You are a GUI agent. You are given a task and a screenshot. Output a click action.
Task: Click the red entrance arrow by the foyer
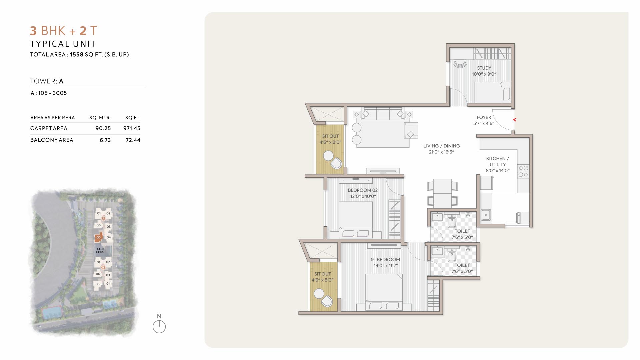coord(514,120)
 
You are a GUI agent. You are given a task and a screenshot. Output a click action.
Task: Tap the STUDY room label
coord(484,68)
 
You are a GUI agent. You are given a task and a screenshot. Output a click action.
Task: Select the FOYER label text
coord(484,117)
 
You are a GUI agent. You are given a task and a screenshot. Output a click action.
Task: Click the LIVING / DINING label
coord(441,146)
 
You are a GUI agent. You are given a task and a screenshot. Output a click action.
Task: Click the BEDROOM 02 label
coord(363,190)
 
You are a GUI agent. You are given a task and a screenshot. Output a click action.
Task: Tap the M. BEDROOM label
coord(385,260)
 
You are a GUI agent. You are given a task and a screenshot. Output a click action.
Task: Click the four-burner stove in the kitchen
coord(523,171)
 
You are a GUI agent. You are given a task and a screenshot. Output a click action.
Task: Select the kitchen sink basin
coord(486,215)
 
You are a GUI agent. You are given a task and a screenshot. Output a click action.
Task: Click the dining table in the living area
coord(442,193)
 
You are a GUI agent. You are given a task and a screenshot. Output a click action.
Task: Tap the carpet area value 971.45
coord(132,128)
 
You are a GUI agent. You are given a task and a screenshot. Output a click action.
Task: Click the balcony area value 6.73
coord(105,140)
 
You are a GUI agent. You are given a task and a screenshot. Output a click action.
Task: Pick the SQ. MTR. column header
coord(100,118)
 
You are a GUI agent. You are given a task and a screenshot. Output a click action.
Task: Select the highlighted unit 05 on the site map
coord(98,237)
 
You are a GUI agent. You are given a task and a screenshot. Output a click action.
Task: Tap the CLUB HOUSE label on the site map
coord(100,251)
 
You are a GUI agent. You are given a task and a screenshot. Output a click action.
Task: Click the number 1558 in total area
coord(76,54)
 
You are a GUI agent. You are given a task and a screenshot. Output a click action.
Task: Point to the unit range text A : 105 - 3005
coord(49,93)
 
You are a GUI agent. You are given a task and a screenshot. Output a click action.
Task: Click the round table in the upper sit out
coord(328,156)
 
